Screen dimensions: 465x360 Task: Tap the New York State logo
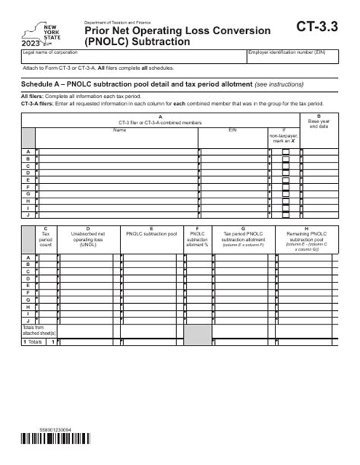(37, 33)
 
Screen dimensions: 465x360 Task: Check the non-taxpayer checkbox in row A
(286, 152)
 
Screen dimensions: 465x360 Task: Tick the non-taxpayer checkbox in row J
(286, 214)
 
